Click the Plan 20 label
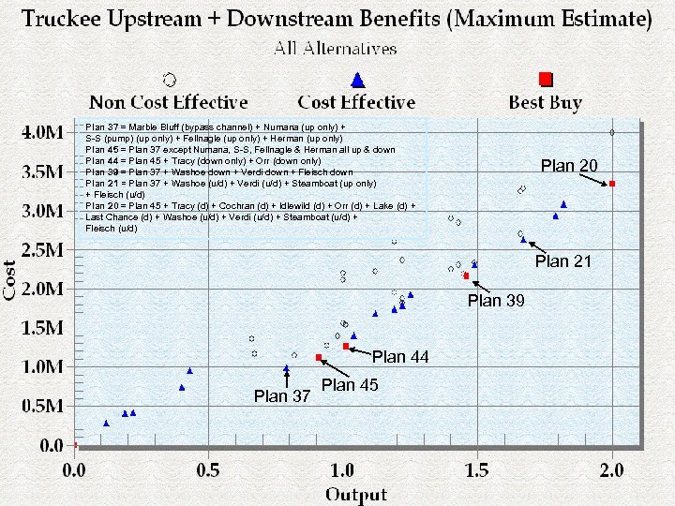569,166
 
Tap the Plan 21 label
563,261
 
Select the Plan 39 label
497,301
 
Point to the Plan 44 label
401,356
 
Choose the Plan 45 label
350,385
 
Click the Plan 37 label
282,396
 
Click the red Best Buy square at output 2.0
612,184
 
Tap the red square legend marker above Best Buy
547,80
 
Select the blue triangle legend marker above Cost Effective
356,81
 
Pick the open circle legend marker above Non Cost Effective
168,80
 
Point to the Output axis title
357,493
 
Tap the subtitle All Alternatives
336,48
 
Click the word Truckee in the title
64,19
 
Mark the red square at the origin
75,444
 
